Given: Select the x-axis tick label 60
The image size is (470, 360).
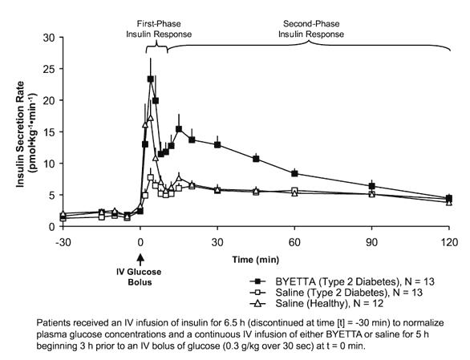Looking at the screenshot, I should tap(294, 240).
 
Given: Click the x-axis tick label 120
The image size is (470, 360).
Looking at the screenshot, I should tap(448, 240).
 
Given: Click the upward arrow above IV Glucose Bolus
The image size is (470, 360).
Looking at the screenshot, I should tap(141, 258).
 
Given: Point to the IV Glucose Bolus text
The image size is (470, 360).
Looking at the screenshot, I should tap(141, 276).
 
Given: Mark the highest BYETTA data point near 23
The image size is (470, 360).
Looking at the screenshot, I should tap(151, 79).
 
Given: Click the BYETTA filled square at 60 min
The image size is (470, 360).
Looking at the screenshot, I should tap(294, 173).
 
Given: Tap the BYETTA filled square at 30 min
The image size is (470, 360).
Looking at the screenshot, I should tap(217, 144).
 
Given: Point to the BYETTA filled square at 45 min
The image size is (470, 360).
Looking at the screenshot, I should tap(256, 159).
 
